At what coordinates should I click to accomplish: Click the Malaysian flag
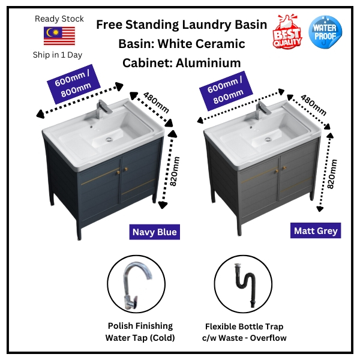pyautogui.click(x=59, y=37)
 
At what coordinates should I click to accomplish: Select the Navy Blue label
pyautogui.click(x=154, y=231)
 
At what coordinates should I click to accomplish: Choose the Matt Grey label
pyautogui.click(x=316, y=230)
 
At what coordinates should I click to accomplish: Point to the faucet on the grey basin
pyautogui.click(x=262, y=109)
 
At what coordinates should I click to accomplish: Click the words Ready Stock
pyautogui.click(x=59, y=19)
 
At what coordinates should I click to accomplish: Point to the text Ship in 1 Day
pyautogui.click(x=59, y=55)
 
